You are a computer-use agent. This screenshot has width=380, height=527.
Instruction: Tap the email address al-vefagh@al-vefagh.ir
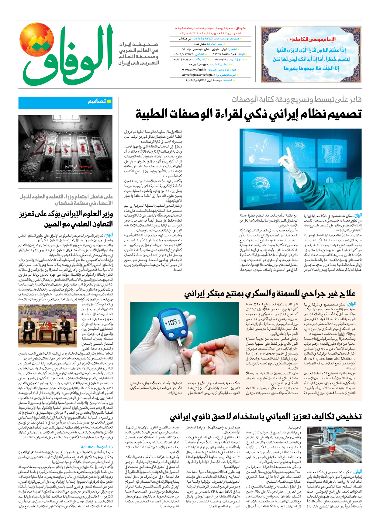coord(199,75)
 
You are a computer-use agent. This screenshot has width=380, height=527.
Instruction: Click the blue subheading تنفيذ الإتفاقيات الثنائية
coord(97,447)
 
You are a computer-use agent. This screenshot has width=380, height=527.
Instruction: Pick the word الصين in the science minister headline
coord(54,224)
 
